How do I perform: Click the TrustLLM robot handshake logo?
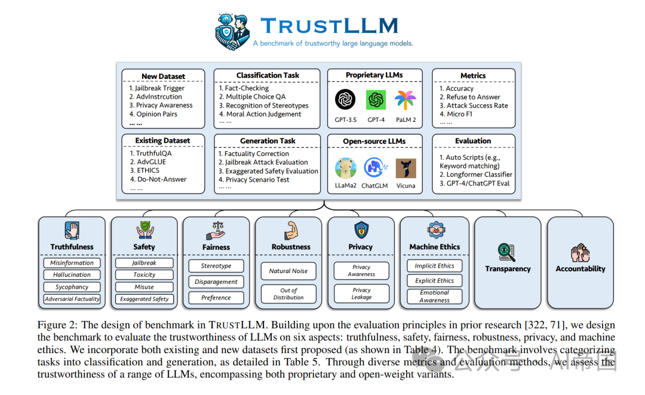pos(232,30)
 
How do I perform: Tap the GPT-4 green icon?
pos(376,100)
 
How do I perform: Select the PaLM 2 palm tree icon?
pos(406,100)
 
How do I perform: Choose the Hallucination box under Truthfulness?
pos(72,275)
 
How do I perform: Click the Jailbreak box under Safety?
pos(144,263)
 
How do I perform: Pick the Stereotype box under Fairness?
pos(216,266)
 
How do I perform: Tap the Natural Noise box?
pos(288,271)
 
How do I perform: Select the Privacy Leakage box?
pos(361,293)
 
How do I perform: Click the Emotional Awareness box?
pos(434,296)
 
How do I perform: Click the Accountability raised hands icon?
pos(580,252)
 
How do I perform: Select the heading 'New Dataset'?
pos(163,76)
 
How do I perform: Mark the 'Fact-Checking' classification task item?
pos(247,88)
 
